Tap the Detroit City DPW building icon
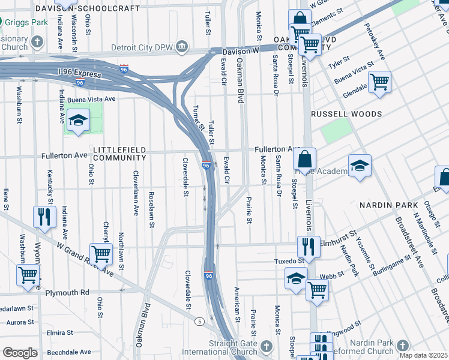[x=182, y=47]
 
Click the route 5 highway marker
[x=198, y=322]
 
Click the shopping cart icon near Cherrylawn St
[x=101, y=254]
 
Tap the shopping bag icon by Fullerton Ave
[x=305, y=160]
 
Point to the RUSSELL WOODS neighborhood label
[x=346, y=114]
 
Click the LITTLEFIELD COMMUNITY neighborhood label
[x=119, y=153]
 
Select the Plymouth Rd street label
[x=68, y=292]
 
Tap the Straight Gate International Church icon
[x=266, y=347]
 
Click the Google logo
[x=20, y=353]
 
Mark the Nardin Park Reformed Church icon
[x=402, y=346]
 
